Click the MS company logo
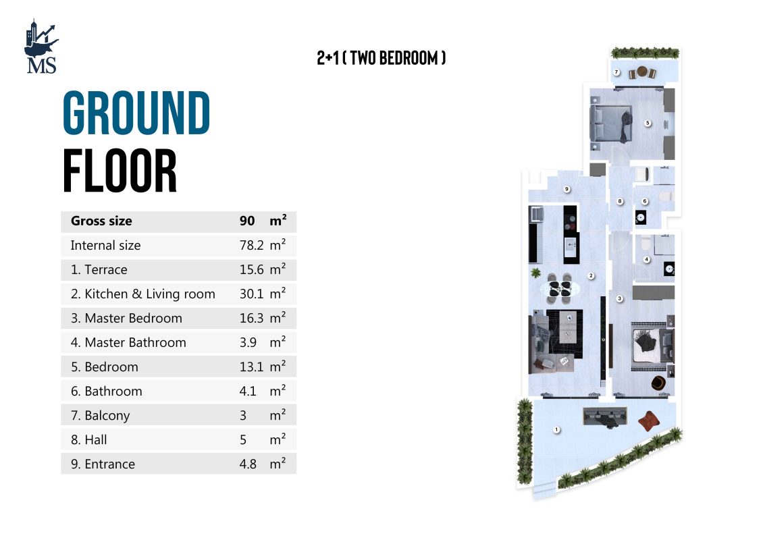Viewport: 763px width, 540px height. [41, 47]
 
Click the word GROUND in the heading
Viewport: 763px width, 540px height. [137, 113]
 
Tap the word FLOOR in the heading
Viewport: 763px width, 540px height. [120, 171]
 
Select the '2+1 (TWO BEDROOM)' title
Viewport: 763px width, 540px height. [381, 58]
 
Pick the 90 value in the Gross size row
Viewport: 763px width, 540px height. [247, 221]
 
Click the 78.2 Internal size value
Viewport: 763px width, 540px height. [252, 245]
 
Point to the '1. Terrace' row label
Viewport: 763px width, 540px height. [99, 269]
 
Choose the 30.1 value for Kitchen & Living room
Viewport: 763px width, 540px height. [252, 294]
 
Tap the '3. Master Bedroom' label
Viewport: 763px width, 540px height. [126, 318]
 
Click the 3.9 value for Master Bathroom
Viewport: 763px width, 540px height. [248, 342]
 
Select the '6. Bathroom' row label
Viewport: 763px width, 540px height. [107, 391]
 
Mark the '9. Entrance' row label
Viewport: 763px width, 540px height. [103, 464]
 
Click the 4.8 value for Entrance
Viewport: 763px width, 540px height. [248, 464]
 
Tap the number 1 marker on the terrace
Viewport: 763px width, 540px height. [556, 429]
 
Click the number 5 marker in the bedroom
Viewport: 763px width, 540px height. [648, 123]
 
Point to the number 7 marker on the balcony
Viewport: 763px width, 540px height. [616, 72]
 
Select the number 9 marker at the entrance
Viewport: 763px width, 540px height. [567, 189]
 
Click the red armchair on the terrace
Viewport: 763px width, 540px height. [648, 421]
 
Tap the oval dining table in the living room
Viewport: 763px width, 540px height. [560, 289]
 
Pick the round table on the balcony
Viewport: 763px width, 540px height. [642, 72]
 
